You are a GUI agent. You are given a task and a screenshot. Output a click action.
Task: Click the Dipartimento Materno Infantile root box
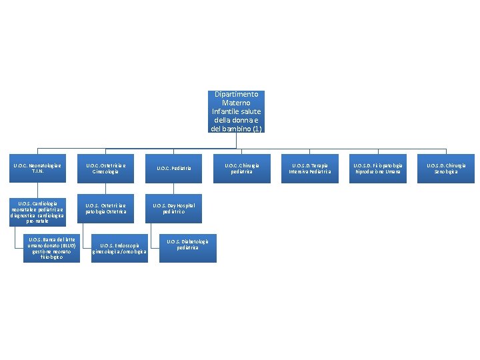coord(237,111)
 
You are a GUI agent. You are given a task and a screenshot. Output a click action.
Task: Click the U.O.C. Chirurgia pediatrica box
coord(242,168)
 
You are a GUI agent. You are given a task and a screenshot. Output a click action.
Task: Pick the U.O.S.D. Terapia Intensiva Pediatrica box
coord(310,168)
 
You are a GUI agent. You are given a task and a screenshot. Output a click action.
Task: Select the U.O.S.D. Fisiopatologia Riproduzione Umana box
coord(378,168)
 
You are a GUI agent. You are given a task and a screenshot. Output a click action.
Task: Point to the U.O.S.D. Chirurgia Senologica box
coord(447,168)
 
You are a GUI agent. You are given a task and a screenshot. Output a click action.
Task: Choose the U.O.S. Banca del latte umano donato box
coord(51,247)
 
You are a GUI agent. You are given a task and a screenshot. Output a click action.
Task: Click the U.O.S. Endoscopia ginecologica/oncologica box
coord(120,249)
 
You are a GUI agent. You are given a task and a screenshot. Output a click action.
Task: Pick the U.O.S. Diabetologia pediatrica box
coord(188,245)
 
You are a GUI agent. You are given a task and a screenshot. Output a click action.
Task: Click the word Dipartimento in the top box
coord(237,95)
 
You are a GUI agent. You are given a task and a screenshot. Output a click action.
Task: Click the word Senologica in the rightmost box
coord(447,171)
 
